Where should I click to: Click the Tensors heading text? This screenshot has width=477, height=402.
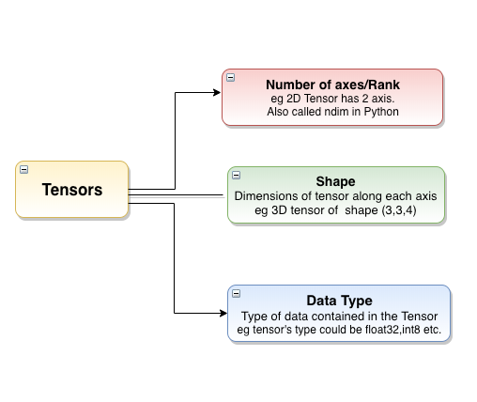72,190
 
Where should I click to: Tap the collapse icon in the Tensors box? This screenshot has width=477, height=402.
24,169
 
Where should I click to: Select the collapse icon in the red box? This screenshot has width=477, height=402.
231,77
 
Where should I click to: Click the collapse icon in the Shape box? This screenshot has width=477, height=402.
237,175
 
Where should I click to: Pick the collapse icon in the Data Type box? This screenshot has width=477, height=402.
237,293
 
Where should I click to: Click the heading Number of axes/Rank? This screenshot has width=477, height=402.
332,85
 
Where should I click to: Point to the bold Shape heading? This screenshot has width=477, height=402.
335,181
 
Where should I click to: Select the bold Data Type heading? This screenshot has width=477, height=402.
339,301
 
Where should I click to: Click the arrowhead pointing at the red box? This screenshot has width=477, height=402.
217,92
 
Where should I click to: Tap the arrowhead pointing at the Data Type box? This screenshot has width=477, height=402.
223,313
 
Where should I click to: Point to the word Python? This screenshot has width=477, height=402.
381,112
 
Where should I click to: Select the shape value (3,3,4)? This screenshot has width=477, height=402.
399,210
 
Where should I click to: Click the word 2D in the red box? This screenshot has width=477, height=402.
294,99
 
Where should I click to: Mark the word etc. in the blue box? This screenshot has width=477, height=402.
432,330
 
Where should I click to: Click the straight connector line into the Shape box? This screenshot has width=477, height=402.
176,195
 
